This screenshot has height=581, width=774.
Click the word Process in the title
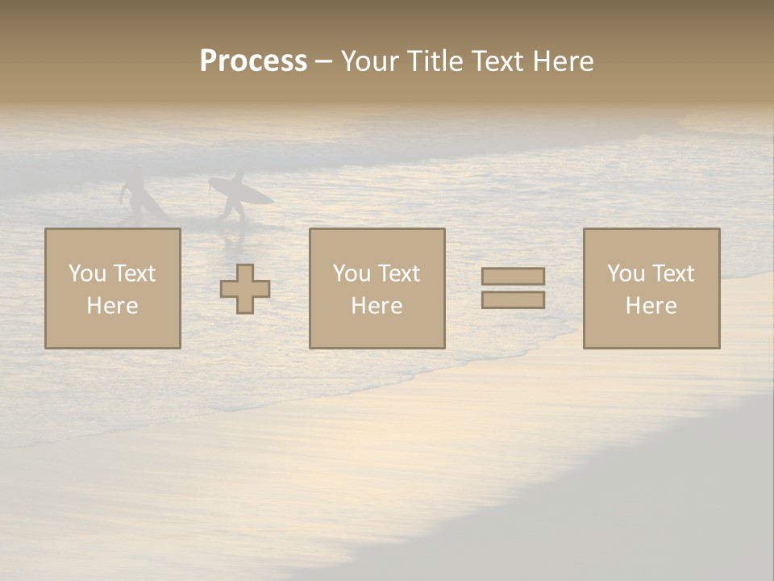coord(253,61)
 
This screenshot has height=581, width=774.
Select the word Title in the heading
coord(435,61)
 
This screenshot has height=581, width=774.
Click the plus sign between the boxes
coord(245,289)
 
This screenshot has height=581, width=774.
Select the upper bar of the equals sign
coord(513,276)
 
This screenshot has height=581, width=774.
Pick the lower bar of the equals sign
coord(513,299)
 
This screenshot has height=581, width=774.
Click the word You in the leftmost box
coord(87,274)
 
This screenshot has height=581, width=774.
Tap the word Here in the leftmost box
coord(112,306)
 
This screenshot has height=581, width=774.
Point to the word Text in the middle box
coord(399,274)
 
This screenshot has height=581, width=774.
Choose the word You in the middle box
coord(352,274)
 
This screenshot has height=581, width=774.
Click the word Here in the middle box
coord(377,306)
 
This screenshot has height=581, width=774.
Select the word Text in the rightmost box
coord(673,274)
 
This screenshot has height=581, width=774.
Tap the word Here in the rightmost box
coord(651,306)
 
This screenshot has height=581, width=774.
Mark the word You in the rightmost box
coord(626,274)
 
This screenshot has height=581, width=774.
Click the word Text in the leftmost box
coord(135,274)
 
